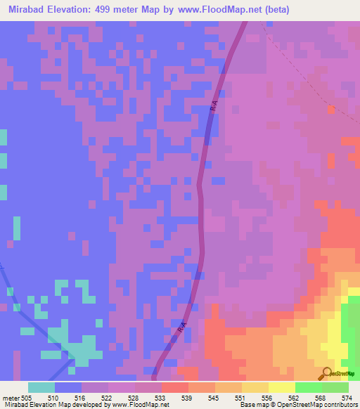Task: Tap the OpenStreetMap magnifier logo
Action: [x=326, y=373]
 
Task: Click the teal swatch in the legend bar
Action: [x=41, y=387]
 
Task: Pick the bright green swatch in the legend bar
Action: [x=309, y=387]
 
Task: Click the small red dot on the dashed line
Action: [x=331, y=109]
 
